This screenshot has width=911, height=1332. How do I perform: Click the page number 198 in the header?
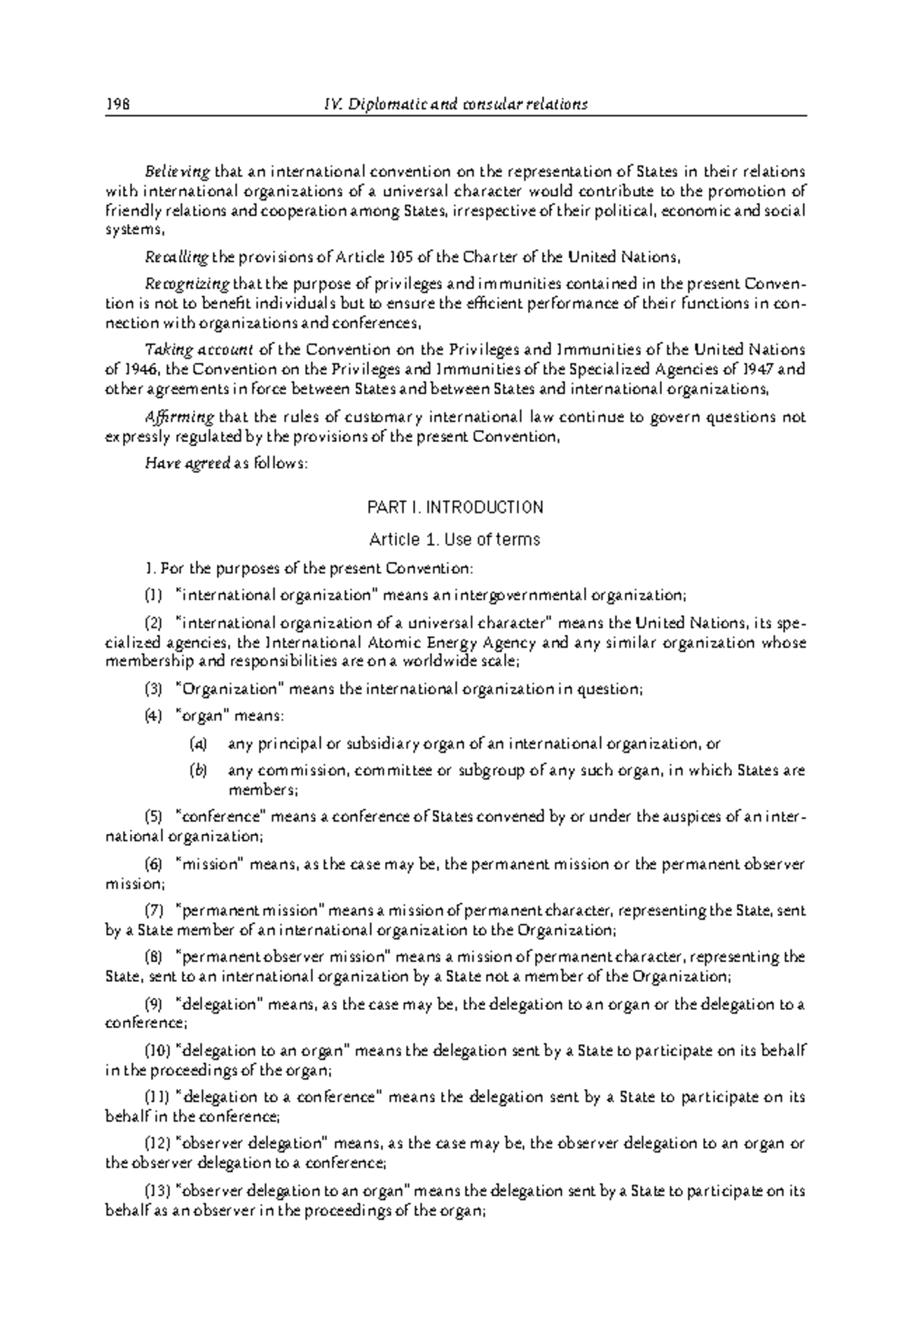[118, 105]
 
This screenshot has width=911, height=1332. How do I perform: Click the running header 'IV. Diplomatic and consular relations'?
[455, 105]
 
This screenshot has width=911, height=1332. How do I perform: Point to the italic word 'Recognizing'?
[187, 285]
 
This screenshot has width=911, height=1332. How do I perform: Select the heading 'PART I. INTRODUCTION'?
[455, 507]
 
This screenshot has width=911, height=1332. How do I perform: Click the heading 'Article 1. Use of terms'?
[454, 540]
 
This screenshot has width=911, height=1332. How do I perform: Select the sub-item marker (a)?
[198, 744]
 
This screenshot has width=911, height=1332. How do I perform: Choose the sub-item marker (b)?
[198, 771]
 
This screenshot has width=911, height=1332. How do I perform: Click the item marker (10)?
[157, 1051]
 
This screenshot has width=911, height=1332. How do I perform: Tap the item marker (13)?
[157, 1192]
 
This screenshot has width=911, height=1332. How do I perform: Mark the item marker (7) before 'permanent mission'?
[153, 911]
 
